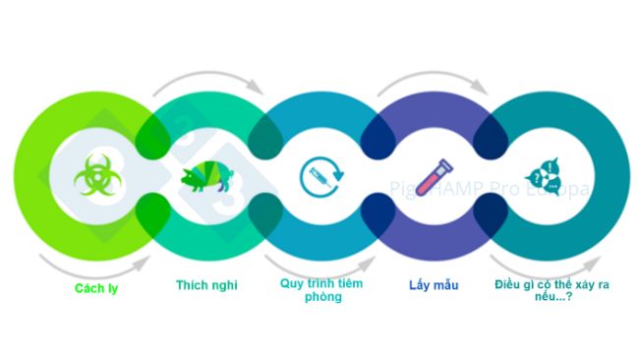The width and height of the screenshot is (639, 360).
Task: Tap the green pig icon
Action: (207, 178)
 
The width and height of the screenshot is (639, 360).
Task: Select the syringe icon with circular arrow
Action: (319, 178)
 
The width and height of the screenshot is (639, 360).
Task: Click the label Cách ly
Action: (96, 288)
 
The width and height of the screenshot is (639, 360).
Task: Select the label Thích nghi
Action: (207, 285)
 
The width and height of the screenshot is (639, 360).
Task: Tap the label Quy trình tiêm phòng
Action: (322, 290)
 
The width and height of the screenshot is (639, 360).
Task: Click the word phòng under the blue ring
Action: (322, 296)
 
